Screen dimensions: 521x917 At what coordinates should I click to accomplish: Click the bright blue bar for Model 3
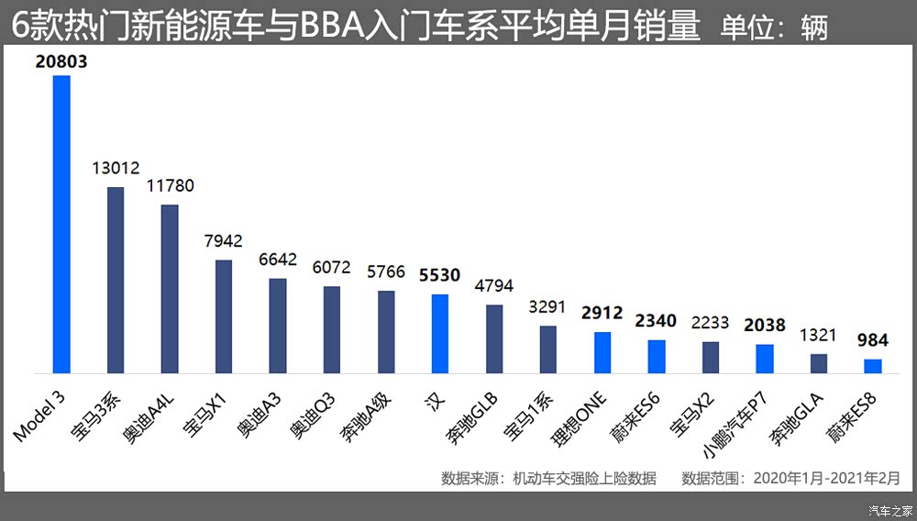tap(61, 225)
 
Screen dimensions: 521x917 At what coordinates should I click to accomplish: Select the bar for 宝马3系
tap(116, 281)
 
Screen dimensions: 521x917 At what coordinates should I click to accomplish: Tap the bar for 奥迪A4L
tap(170, 289)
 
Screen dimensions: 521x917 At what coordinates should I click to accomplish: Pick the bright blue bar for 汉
tap(440, 334)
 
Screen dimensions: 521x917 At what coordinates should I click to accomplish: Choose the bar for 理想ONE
tap(602, 353)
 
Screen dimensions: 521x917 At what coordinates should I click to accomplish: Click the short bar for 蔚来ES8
tap(873, 366)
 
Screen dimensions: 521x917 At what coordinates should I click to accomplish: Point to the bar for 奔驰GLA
tap(819, 364)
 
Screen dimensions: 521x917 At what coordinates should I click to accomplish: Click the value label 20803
tap(61, 62)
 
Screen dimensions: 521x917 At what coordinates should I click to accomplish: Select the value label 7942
tap(224, 241)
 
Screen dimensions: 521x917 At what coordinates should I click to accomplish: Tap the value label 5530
tap(440, 275)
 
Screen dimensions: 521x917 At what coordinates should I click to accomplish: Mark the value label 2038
tap(765, 325)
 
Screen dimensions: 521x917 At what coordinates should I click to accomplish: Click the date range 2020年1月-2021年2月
tap(826, 478)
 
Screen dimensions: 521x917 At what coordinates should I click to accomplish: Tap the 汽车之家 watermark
tap(889, 510)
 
